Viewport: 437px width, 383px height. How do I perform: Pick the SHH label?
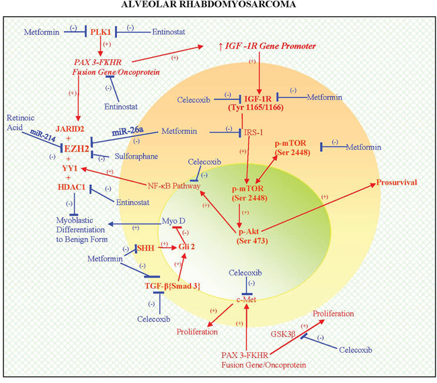pyautogui.click(x=145, y=247)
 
